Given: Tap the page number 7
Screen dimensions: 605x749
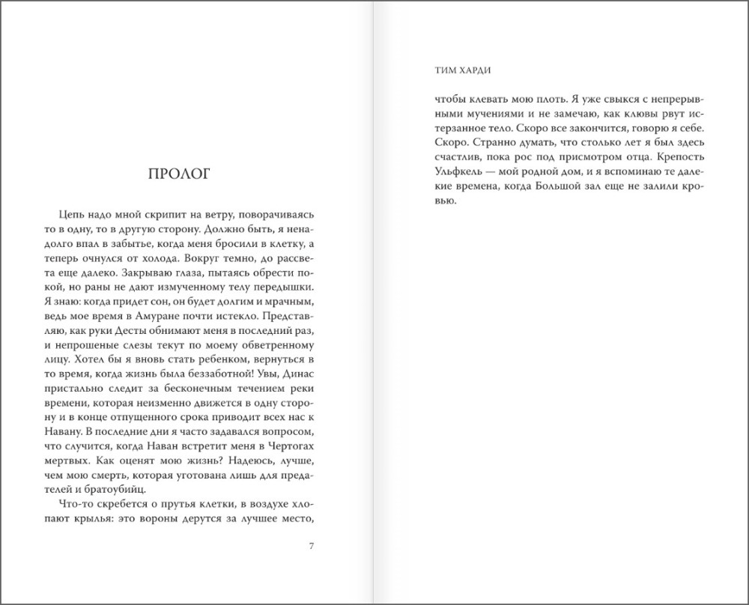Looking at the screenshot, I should point(311,544).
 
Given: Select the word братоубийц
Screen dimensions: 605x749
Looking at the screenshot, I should point(104,489).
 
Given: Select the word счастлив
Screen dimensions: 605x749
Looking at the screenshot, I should point(435,157).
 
